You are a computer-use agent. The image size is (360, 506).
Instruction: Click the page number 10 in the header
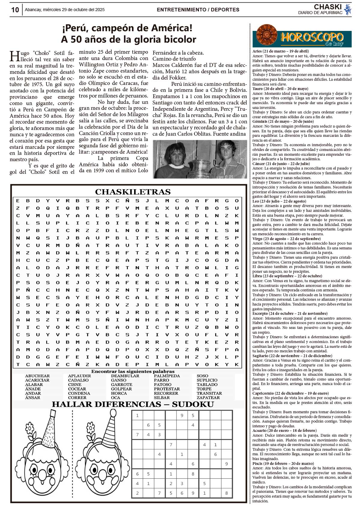point(15,10)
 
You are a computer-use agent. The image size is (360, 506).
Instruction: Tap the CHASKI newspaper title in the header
point(328,7)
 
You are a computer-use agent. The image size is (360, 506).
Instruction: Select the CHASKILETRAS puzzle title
point(133,192)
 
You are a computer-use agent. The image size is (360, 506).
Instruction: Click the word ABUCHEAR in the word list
point(37,376)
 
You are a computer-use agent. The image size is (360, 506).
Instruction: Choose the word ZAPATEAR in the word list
point(208,398)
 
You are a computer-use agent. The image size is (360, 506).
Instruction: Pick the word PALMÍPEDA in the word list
point(167,376)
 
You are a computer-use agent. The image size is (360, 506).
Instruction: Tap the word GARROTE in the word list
point(121,384)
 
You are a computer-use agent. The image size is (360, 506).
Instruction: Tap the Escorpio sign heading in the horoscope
point(286,314)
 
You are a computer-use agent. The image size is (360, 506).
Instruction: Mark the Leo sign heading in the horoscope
point(275,201)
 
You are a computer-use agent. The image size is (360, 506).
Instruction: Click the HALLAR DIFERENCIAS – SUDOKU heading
point(133,405)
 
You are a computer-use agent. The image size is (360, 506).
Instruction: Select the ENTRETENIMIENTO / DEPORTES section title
point(198,10)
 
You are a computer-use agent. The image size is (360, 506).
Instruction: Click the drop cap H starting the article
point(14,56)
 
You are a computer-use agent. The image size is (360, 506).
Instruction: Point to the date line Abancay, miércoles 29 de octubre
point(64,10)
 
